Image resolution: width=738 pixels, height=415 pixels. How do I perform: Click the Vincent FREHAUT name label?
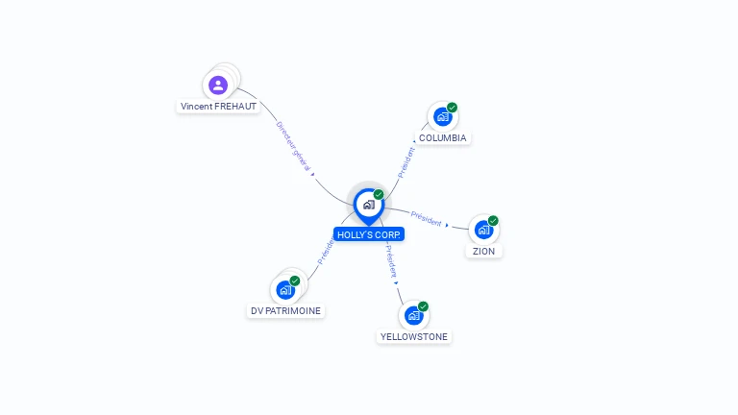(x=219, y=107)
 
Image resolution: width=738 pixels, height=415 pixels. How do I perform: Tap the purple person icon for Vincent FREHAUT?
(x=218, y=85)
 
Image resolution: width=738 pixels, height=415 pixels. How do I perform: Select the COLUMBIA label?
(x=442, y=138)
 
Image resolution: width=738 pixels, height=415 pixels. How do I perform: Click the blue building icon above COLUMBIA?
(x=442, y=117)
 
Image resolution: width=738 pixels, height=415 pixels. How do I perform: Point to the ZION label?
(x=483, y=252)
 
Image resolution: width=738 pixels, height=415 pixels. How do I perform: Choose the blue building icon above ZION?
(x=483, y=230)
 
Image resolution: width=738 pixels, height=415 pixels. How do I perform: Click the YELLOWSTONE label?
(x=414, y=337)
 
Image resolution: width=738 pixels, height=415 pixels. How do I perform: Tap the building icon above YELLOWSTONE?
(x=414, y=315)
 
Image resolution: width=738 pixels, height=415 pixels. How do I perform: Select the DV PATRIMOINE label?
(x=285, y=311)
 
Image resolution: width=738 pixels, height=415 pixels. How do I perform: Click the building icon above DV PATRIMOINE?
(x=285, y=289)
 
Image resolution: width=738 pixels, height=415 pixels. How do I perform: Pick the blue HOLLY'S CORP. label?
(x=369, y=234)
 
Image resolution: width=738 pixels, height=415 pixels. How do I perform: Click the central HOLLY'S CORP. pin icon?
(x=369, y=205)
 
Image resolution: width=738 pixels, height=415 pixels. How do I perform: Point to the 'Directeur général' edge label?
(x=293, y=147)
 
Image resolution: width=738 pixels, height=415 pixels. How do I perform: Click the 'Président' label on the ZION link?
(x=427, y=219)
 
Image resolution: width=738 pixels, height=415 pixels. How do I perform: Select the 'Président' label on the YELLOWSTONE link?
(x=391, y=261)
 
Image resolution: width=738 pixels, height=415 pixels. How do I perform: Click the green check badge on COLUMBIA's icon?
(x=452, y=108)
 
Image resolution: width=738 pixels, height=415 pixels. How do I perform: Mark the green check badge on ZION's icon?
(x=493, y=220)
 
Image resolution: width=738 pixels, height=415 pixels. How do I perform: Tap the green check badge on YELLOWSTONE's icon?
(x=423, y=306)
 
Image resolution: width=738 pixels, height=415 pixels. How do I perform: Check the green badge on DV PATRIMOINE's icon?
(x=295, y=281)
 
